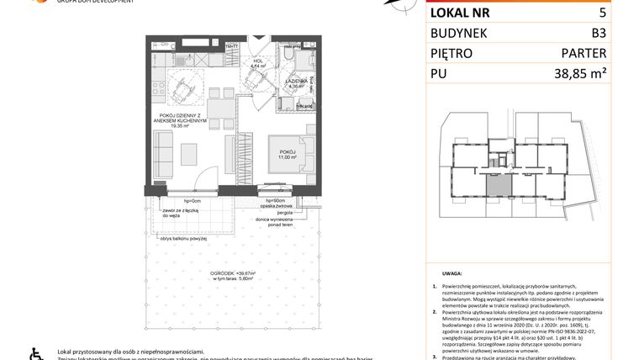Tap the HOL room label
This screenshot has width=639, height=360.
pos(259,62)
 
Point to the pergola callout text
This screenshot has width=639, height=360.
pos(272,214)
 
